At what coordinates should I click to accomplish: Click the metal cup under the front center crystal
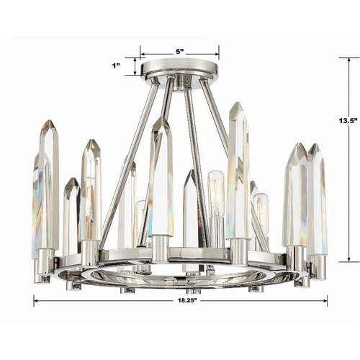[160, 249]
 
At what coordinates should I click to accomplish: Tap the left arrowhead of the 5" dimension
[143, 54]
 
